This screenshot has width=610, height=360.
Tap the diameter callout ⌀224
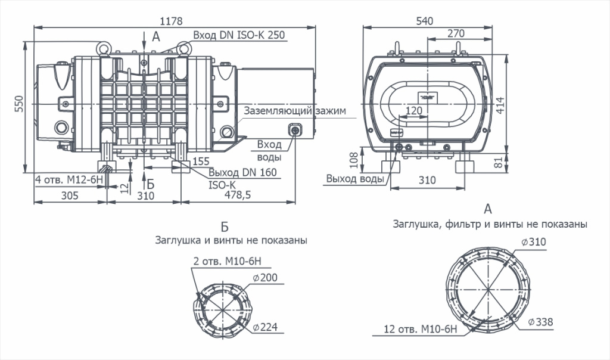(x=265, y=327)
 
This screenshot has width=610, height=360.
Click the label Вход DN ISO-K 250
(x=239, y=35)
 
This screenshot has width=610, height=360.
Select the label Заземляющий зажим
(x=294, y=111)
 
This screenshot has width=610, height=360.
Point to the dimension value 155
(x=201, y=161)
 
